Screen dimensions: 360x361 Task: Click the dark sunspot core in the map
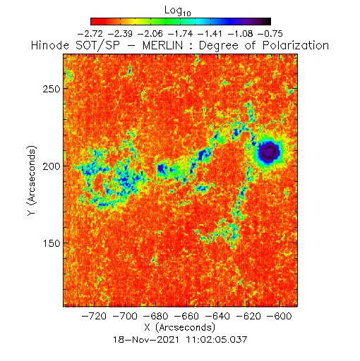(x=269, y=152)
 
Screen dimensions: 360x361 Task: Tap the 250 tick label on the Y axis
(x=52, y=89)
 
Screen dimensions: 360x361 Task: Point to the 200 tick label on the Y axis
(x=52, y=166)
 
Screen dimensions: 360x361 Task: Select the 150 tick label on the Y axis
(x=52, y=243)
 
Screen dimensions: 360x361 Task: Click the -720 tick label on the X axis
(x=94, y=316)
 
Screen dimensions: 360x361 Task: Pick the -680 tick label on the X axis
(x=156, y=316)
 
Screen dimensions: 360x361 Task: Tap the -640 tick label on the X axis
(x=217, y=316)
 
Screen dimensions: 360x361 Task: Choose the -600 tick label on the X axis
(x=280, y=316)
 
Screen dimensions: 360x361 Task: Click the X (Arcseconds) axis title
(x=180, y=327)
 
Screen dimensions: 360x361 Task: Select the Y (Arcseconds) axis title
(x=32, y=180)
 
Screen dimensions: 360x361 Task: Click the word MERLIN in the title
(x=162, y=45)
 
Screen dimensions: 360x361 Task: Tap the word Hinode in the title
(x=50, y=45)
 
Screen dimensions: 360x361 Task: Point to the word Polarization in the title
(x=296, y=46)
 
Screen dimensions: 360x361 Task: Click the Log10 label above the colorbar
(x=178, y=11)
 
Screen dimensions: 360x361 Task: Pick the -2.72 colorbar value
(x=90, y=34)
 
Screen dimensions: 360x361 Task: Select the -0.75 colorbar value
(x=270, y=34)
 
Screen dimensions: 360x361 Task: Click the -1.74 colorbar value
(x=180, y=34)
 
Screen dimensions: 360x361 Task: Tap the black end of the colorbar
(x=267, y=21)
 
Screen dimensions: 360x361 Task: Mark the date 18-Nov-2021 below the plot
(x=146, y=340)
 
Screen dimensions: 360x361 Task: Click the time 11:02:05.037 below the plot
(x=217, y=340)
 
